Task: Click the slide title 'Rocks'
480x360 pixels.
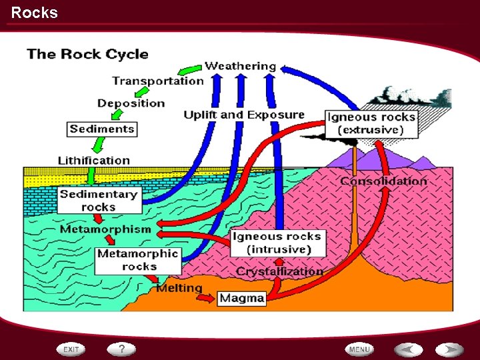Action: pos(35,13)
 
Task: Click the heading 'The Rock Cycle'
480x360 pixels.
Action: pos(87,54)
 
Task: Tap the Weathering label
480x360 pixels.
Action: pos(240,66)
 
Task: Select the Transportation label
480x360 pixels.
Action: pos(158,81)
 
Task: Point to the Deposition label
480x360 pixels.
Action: pos(131,103)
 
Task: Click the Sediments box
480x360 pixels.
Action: pos(102,129)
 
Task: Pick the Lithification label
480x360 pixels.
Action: pos(94,161)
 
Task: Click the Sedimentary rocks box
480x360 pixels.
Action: pos(99,201)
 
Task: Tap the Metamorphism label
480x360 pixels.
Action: pos(105,229)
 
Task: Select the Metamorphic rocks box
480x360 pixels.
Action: pos(138,260)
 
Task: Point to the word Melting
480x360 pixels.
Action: pos(179,288)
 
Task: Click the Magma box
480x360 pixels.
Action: pos(242,298)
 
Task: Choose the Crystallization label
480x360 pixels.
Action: pos(279,271)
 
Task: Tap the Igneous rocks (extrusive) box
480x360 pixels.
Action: pos(371,123)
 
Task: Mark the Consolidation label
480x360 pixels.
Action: pos(383,181)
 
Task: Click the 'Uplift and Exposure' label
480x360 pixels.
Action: pos(244,115)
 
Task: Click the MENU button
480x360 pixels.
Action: pos(359,349)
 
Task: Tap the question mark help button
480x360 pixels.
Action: pos(121,349)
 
